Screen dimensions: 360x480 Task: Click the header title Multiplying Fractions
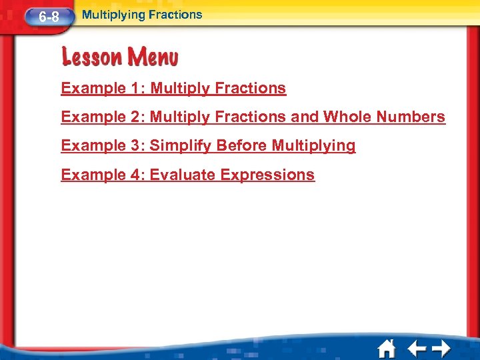coord(141,14)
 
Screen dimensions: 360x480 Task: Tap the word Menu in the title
coord(151,57)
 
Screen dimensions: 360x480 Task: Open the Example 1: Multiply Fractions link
coord(173,88)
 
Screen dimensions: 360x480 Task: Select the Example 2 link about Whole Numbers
coord(253,117)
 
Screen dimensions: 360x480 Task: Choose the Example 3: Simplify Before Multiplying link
coord(208,146)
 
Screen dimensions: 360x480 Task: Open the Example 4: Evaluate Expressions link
coord(187,175)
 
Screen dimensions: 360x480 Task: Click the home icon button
coord(387,348)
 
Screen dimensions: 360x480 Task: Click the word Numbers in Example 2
coord(411,117)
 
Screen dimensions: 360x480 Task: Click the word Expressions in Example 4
coord(267,175)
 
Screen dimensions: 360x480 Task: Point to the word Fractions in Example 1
coord(251,88)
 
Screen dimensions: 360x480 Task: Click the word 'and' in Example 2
coord(305,117)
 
